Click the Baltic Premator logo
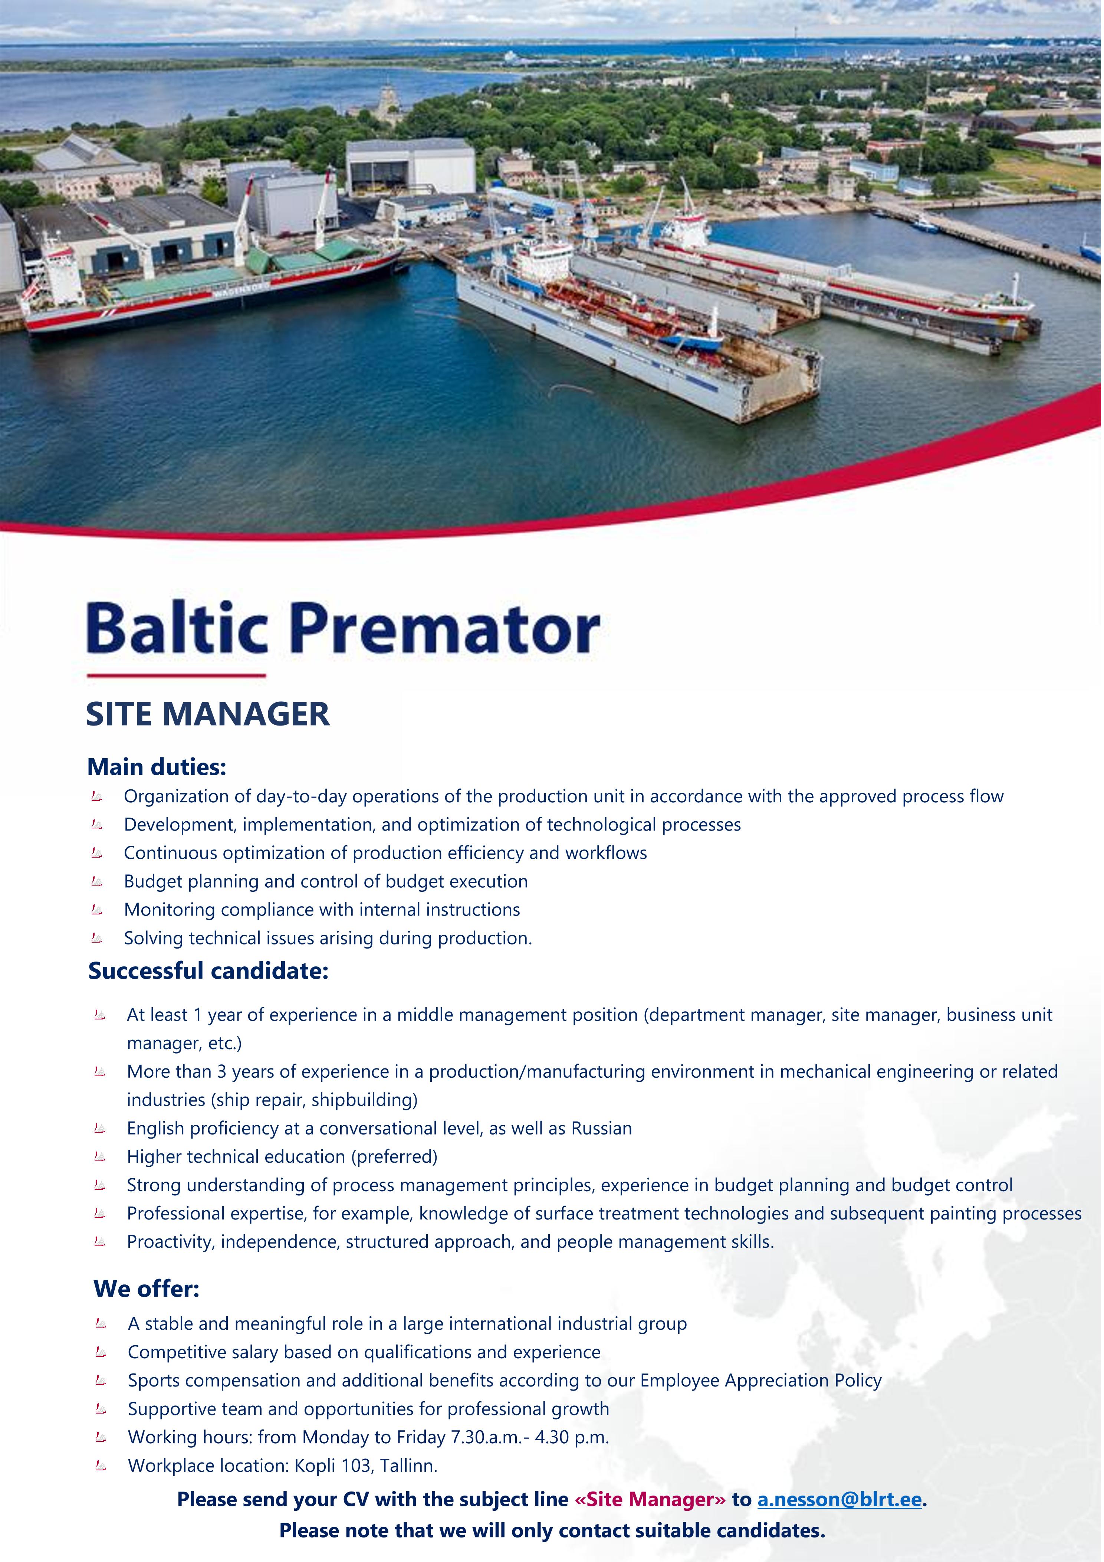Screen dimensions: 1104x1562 [x=344, y=627]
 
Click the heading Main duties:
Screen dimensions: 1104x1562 [x=157, y=767]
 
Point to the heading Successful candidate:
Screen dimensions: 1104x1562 [x=208, y=971]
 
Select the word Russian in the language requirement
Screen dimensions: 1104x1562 [x=601, y=1129]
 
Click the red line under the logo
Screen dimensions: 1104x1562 [x=176, y=675]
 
